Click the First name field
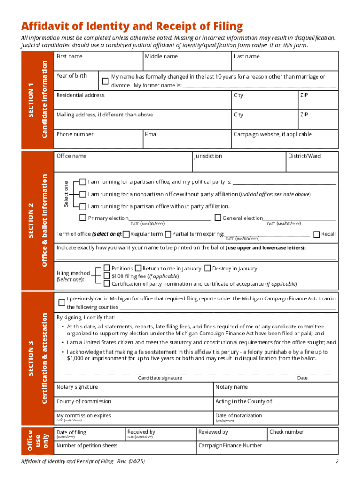(x=98, y=63)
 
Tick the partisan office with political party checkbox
(x=83, y=181)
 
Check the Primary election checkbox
(x=83, y=218)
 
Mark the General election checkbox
(x=217, y=218)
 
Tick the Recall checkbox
(x=317, y=234)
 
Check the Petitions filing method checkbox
(x=107, y=268)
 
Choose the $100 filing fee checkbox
(x=107, y=276)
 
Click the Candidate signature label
(x=160, y=378)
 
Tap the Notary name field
(x=275, y=391)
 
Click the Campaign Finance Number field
(x=266, y=449)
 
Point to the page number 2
(x=337, y=462)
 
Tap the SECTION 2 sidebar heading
(x=31, y=220)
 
